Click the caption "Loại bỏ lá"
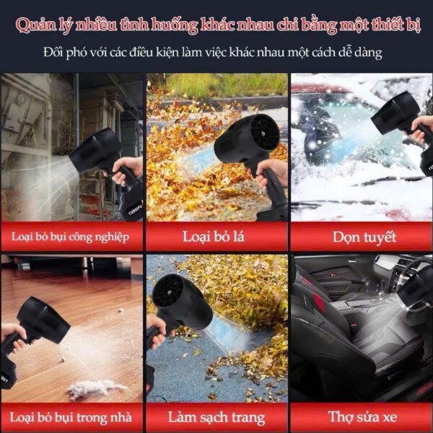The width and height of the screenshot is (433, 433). [214, 237]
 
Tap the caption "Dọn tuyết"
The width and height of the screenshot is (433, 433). [364, 237]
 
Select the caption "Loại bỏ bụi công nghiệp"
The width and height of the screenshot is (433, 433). [70, 237]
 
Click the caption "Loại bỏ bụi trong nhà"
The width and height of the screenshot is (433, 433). [71, 418]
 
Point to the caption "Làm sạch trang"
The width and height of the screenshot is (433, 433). [216, 418]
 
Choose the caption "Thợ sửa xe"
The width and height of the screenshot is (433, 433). [362, 416]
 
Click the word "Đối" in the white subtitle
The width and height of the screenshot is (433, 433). [53, 52]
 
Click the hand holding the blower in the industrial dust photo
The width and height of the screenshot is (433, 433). [126, 170]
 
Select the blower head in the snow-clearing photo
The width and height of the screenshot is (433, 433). [395, 113]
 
